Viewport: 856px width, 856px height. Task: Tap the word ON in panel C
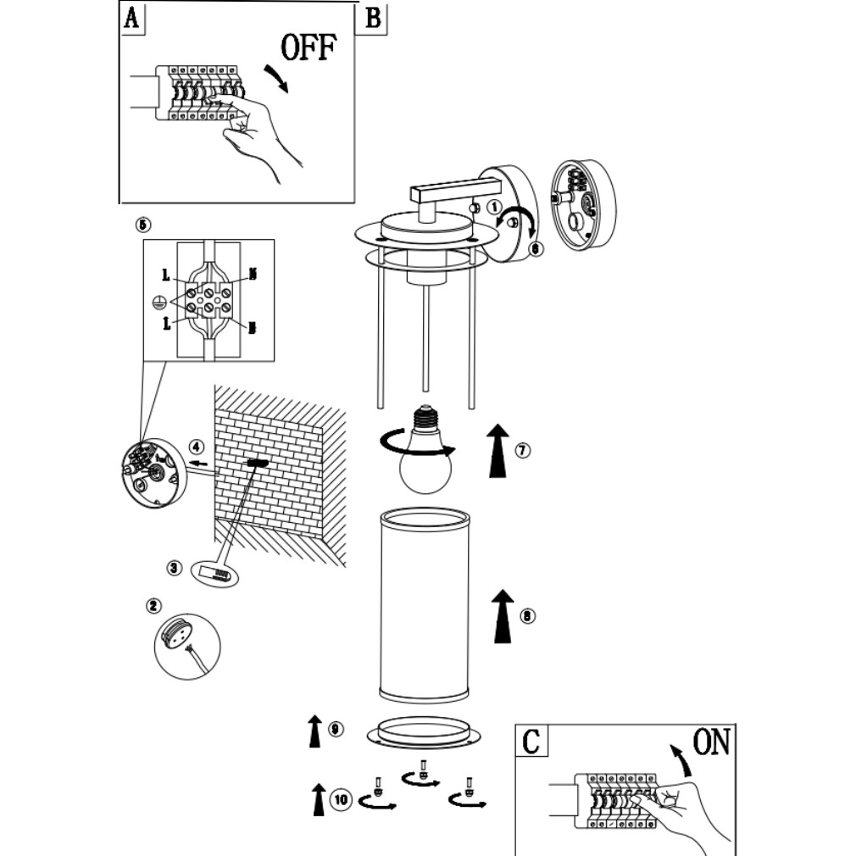coord(710,743)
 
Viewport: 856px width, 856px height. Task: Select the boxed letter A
coord(131,19)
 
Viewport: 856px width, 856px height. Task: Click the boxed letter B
coord(372,19)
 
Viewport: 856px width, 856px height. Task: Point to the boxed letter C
coord(531,742)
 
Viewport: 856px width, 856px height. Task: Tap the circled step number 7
coord(522,450)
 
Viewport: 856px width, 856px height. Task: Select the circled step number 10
coord(340,798)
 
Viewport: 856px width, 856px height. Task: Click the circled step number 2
coord(153,605)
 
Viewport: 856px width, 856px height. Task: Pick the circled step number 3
coord(175,567)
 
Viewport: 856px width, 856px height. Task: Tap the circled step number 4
coord(197,447)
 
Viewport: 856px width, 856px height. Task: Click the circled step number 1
coord(495,205)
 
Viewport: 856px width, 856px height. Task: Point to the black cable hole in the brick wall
coord(256,464)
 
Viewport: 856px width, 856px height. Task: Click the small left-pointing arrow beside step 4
coord(200,464)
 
